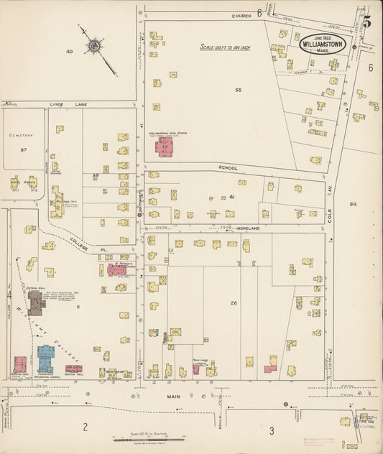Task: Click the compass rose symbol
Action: point(93,47)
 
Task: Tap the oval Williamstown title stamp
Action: point(323,43)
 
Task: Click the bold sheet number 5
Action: point(367,22)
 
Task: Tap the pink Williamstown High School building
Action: point(166,147)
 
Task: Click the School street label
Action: point(228,167)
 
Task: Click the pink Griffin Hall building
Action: point(73,369)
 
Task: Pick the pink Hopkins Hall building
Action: point(20,364)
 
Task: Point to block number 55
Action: point(238,90)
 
